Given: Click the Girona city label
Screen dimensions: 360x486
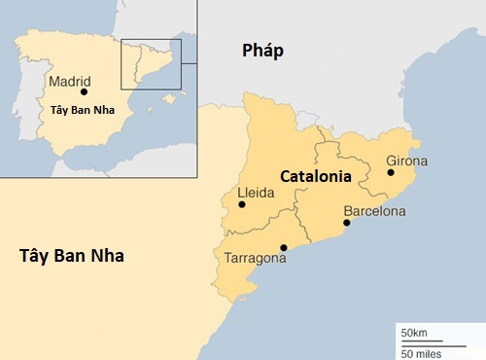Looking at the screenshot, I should pyautogui.click(x=406, y=160).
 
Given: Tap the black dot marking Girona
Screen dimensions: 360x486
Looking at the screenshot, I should pyautogui.click(x=391, y=172).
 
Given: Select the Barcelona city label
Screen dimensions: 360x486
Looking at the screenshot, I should pyautogui.click(x=374, y=210).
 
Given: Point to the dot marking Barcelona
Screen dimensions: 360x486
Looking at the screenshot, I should pyautogui.click(x=347, y=223).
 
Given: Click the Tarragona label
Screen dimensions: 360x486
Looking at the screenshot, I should pyautogui.click(x=255, y=260).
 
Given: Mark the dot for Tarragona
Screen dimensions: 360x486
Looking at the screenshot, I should pyautogui.click(x=283, y=247).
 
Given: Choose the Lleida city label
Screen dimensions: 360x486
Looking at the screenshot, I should pyautogui.click(x=257, y=193).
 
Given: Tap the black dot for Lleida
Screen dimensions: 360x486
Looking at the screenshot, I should pyautogui.click(x=242, y=204).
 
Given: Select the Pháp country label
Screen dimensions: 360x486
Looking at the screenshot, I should pyautogui.click(x=263, y=52).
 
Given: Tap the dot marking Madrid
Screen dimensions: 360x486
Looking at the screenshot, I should pyautogui.click(x=85, y=92).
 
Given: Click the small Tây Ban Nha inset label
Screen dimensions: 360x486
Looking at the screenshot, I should pyautogui.click(x=82, y=110).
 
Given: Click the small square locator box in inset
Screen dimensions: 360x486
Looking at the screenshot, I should pyautogui.click(x=151, y=64).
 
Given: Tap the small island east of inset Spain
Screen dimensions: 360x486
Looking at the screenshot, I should pyautogui.click(x=169, y=97).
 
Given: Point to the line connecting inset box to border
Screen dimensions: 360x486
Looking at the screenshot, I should pyautogui.click(x=190, y=63).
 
